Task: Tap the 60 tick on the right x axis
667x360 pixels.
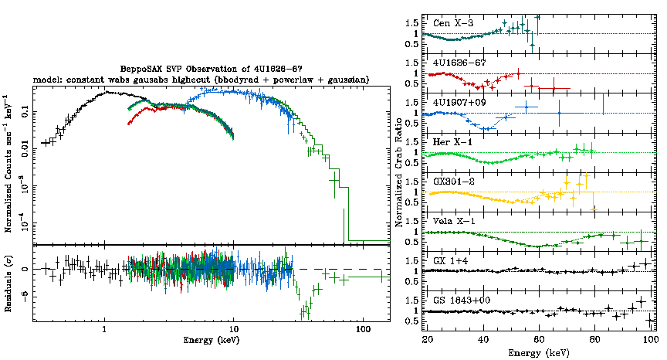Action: (539, 338)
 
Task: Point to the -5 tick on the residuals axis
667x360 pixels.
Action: (27, 295)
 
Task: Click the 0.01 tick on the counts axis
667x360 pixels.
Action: (27, 149)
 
